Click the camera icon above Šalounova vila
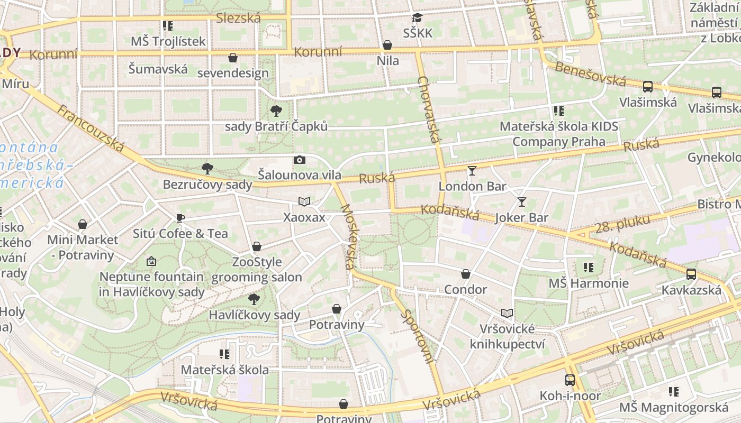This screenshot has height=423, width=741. (300, 160)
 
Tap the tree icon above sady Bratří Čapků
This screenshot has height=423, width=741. (276, 111)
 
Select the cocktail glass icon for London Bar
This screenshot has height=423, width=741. (472, 170)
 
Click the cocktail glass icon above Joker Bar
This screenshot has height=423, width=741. (522, 201)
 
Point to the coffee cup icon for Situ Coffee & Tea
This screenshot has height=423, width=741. (180, 218)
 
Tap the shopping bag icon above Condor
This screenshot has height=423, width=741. (466, 274)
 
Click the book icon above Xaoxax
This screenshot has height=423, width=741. (304, 201)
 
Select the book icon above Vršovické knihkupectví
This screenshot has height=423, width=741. (507, 313)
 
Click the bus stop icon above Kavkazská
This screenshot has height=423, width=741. (691, 274)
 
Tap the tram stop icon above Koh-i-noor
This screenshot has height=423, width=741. (570, 380)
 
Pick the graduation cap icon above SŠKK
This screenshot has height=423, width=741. (418, 17)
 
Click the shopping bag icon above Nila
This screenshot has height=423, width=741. (387, 45)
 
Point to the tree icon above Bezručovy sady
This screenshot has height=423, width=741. (207, 169)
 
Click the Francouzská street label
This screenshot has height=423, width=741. (91, 129)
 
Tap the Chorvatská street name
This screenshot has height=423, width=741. (429, 109)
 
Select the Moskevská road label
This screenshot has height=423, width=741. (348, 236)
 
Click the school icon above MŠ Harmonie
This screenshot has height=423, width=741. (588, 268)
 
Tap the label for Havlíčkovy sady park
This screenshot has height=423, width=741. (255, 315)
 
